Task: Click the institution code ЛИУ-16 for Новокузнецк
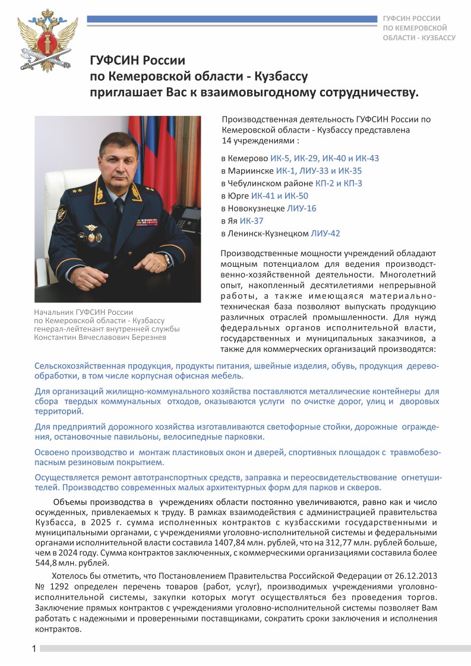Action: (x=301, y=209)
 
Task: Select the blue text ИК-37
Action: (x=251, y=221)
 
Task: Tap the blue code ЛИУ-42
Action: (x=325, y=233)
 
